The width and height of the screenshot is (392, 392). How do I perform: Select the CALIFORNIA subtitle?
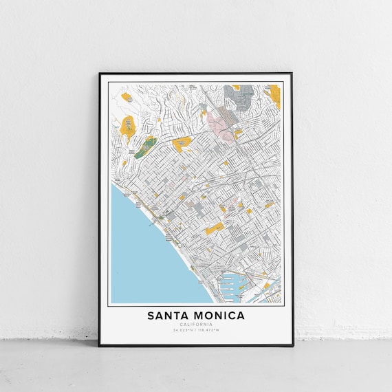point(195,325)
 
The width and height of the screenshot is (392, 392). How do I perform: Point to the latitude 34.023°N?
point(183,331)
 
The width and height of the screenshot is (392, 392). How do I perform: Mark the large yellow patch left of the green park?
point(128,127)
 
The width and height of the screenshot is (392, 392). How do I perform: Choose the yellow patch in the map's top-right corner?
point(274,94)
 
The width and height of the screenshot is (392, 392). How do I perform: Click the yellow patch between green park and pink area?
point(182,144)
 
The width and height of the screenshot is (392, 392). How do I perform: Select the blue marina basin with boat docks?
point(229,282)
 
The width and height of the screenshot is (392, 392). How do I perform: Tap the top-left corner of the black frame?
point(99,73)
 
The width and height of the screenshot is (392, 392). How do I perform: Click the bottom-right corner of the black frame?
point(292,345)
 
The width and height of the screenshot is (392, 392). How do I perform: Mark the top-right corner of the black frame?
point(292,73)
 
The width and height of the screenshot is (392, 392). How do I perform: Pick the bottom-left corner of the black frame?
point(99,345)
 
